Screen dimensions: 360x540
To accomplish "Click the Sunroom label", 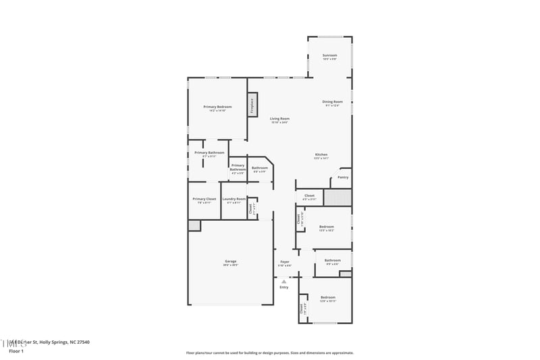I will click(329, 55).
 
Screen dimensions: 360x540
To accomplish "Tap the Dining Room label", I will click(332, 102).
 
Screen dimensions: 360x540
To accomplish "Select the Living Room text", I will click(279, 119).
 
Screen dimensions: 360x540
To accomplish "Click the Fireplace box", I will click(252, 105).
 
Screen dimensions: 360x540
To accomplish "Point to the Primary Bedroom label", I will click(217, 107).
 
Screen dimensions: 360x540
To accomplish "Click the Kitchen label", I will click(321, 155).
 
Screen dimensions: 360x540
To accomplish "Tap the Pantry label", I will click(343, 177).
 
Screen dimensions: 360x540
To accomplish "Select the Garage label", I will click(230, 261).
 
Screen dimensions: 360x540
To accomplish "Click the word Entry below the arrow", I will click(284, 287).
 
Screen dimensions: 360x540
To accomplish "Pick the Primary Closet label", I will click(204, 199).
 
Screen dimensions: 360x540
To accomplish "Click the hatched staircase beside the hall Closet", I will click(337, 197).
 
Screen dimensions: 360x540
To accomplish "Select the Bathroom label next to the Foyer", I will click(332, 260).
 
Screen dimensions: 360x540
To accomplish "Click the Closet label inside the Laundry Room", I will click(250, 208).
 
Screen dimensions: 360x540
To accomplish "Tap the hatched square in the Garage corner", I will click(194, 225).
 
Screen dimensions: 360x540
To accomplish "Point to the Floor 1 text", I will click(16, 351).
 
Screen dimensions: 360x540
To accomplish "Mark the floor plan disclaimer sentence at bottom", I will click(269, 353).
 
